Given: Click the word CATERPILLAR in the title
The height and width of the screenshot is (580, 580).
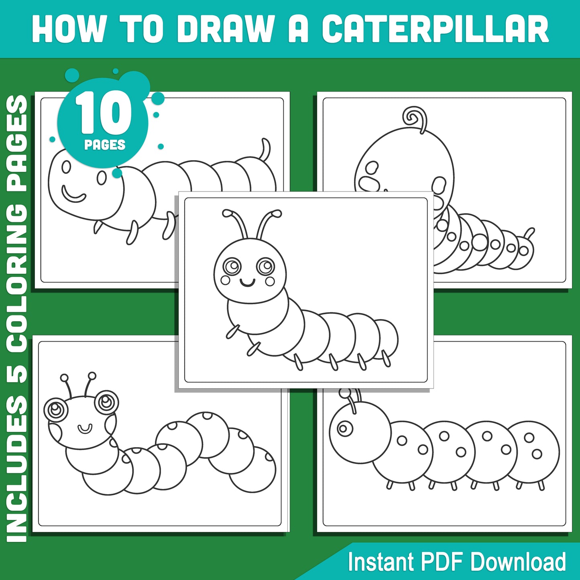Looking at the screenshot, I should [x=436, y=29].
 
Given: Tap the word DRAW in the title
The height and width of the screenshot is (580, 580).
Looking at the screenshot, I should [x=225, y=29].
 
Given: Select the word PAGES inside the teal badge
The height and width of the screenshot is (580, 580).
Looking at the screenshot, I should [x=105, y=144].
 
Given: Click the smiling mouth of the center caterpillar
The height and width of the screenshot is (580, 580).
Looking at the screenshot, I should [x=248, y=283].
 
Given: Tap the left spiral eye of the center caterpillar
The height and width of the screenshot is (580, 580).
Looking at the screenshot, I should [x=232, y=266].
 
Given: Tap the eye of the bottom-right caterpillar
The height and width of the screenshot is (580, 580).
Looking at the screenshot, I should [x=344, y=428].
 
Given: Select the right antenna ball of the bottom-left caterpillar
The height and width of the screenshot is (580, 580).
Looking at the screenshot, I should [x=92, y=376].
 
